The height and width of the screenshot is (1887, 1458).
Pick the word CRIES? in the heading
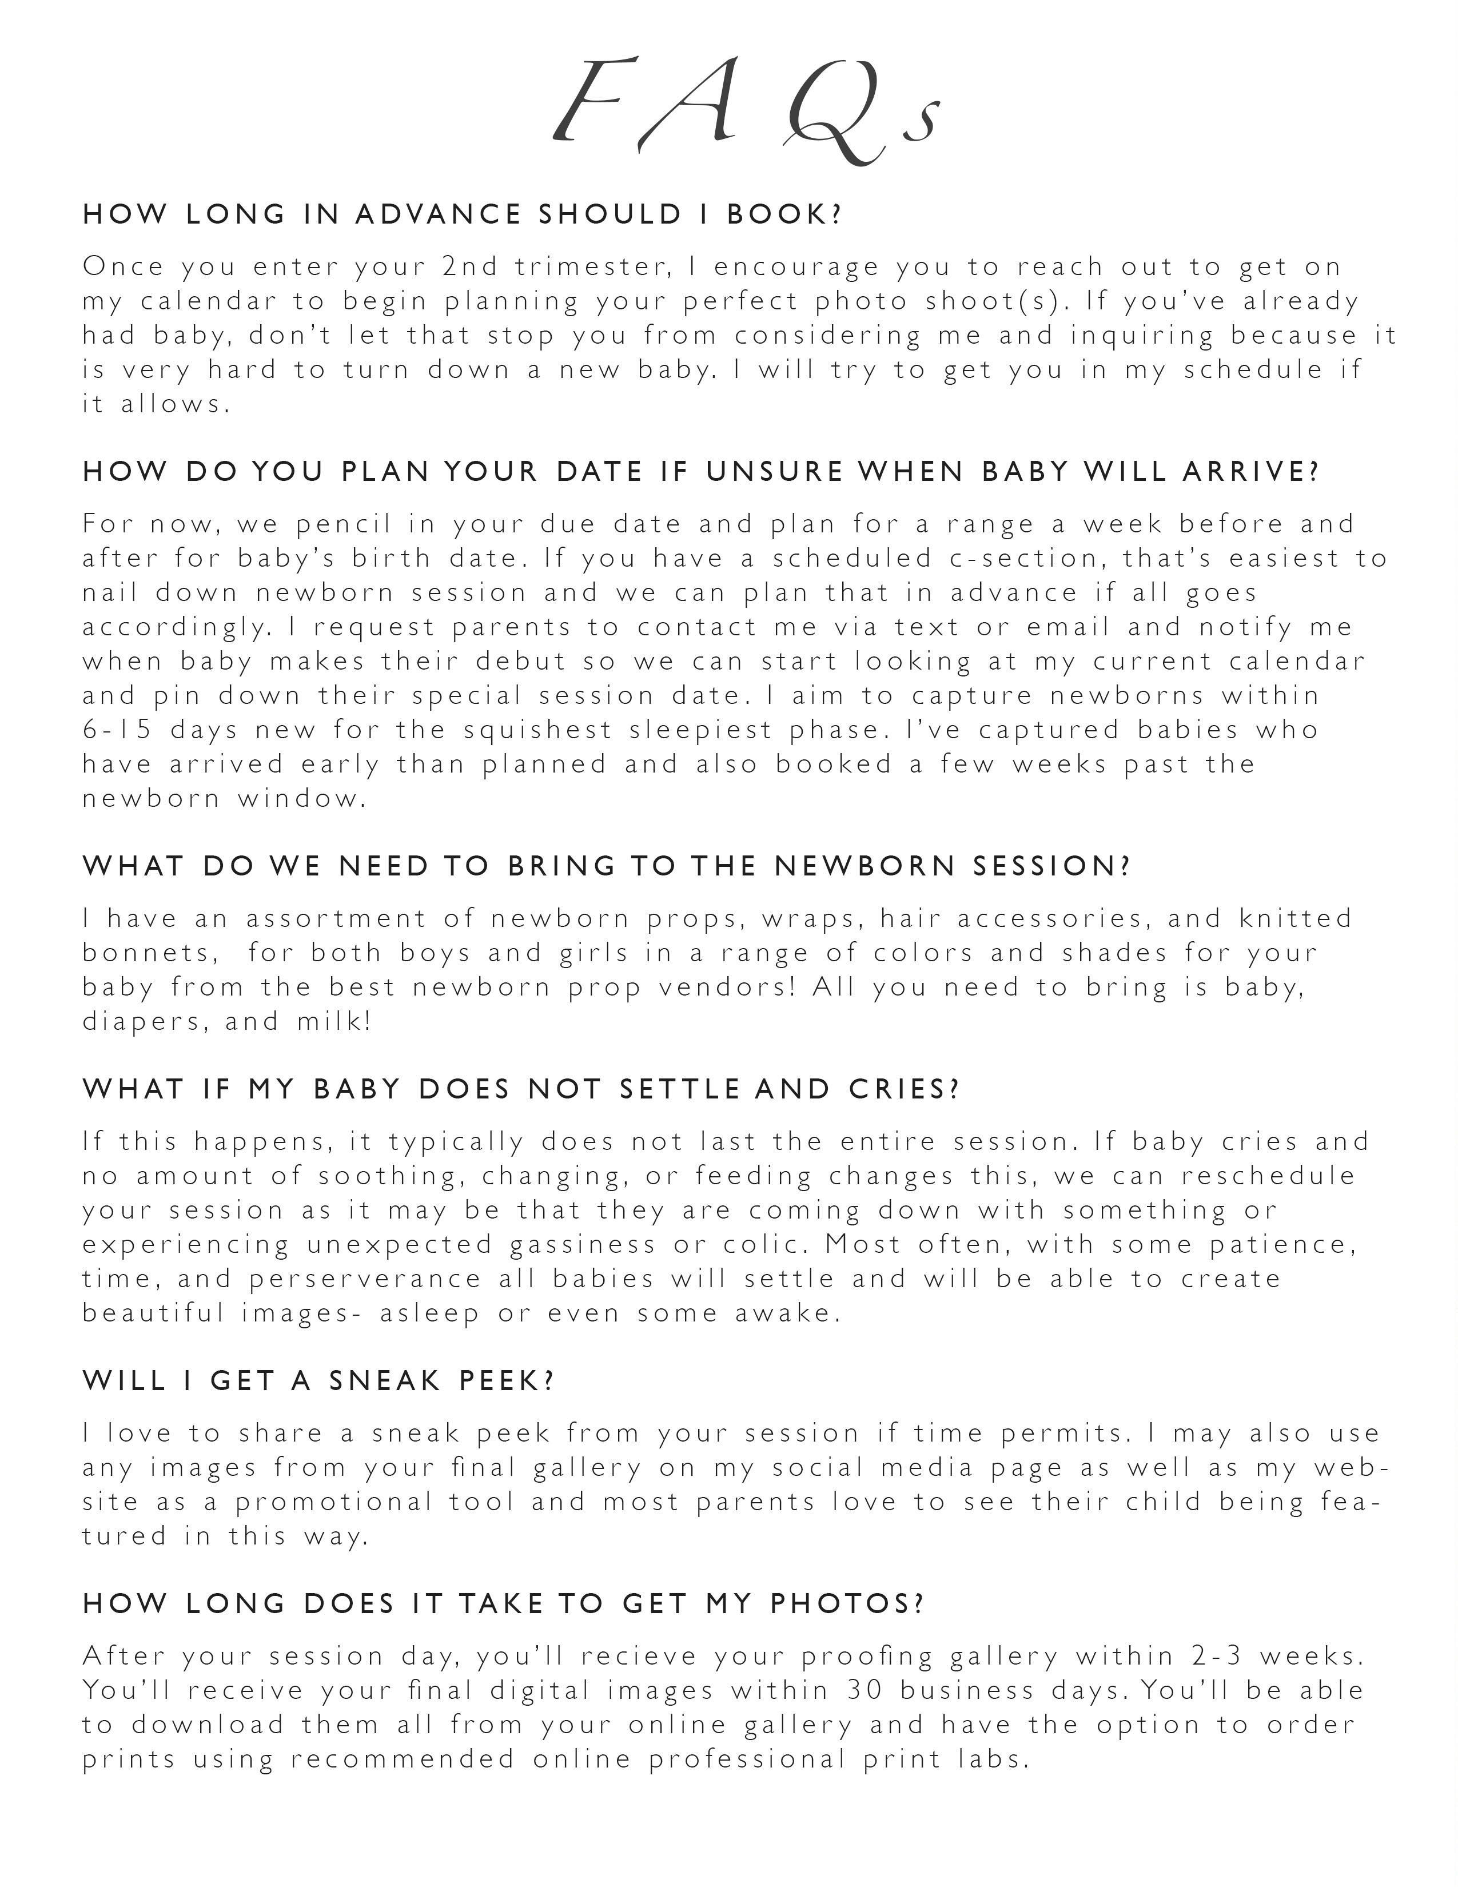tap(905, 1089)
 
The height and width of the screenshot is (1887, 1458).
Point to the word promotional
tap(333, 1502)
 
